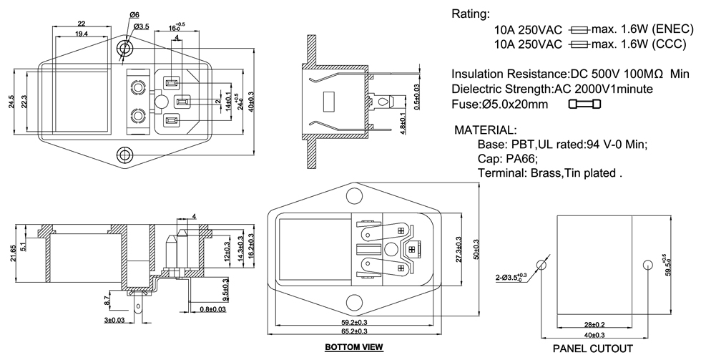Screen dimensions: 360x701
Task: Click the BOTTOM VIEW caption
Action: click(x=354, y=348)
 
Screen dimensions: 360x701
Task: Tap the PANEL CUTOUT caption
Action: click(x=593, y=349)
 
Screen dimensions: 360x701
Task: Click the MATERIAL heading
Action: click(x=486, y=130)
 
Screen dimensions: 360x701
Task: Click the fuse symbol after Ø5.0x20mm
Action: click(x=584, y=105)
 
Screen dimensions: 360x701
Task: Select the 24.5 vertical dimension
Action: click(x=12, y=102)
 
